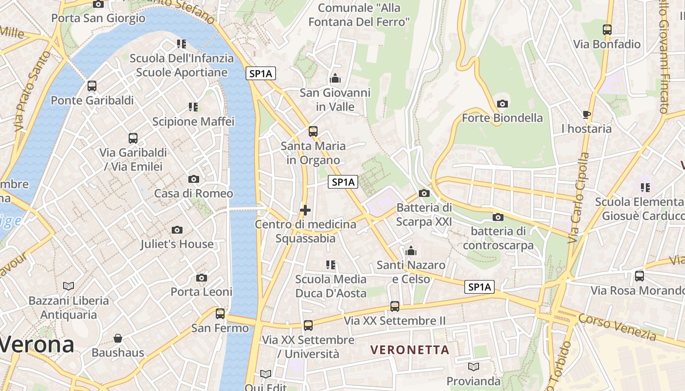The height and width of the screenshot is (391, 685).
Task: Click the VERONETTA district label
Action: point(410,350)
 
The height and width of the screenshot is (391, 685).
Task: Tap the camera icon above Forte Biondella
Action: point(502,104)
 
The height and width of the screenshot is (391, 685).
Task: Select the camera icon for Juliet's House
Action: point(177,230)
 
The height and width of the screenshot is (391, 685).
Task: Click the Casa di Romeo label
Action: point(193,194)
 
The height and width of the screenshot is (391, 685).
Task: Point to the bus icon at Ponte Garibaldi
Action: point(92,86)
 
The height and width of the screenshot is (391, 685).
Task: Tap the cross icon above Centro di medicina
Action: point(305,210)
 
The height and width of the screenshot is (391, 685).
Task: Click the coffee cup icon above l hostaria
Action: point(587,115)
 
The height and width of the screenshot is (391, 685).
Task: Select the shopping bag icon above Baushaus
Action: point(118,338)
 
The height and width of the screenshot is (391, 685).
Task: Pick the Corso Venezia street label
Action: point(617,327)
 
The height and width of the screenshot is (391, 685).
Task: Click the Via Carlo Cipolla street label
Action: point(579,198)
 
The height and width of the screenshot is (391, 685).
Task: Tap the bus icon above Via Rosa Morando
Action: point(639,276)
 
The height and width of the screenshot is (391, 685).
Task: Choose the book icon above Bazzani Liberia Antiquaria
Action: point(68,286)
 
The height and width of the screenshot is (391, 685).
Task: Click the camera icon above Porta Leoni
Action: point(201,278)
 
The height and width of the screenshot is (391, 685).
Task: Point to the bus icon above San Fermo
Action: point(220,313)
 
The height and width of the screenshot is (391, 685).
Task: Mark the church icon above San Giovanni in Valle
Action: point(335,78)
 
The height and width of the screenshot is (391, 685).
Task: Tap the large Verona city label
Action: point(37,345)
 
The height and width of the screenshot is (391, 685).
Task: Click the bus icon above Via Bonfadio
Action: point(607,30)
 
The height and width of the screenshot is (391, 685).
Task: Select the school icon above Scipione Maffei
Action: point(193,107)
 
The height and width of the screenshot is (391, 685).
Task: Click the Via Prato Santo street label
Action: point(32,91)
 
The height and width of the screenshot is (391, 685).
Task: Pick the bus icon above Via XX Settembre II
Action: point(394,306)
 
